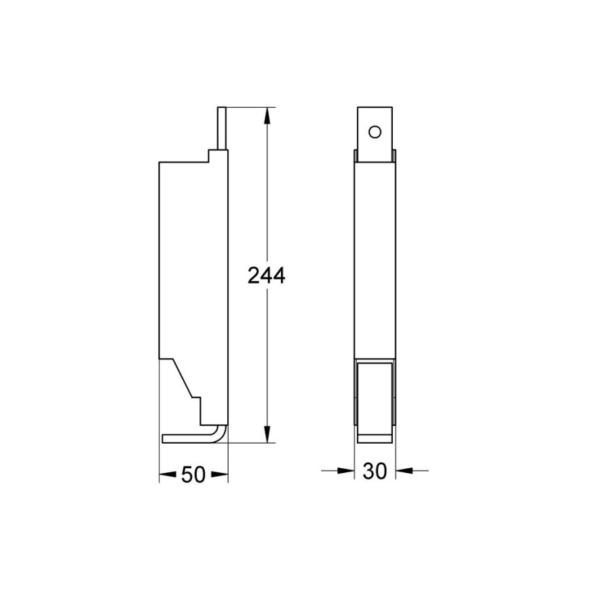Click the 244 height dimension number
[x=266, y=275]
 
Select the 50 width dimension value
[x=193, y=475]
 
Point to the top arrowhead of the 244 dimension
[x=267, y=115]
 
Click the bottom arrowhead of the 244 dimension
[x=267, y=435]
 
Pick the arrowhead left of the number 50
[x=167, y=475]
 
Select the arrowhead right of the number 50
[x=220, y=475]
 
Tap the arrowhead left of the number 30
[x=347, y=469]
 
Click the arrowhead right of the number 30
[x=402, y=469]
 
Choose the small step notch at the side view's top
[x=212, y=156]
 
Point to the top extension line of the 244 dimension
[x=248, y=107]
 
